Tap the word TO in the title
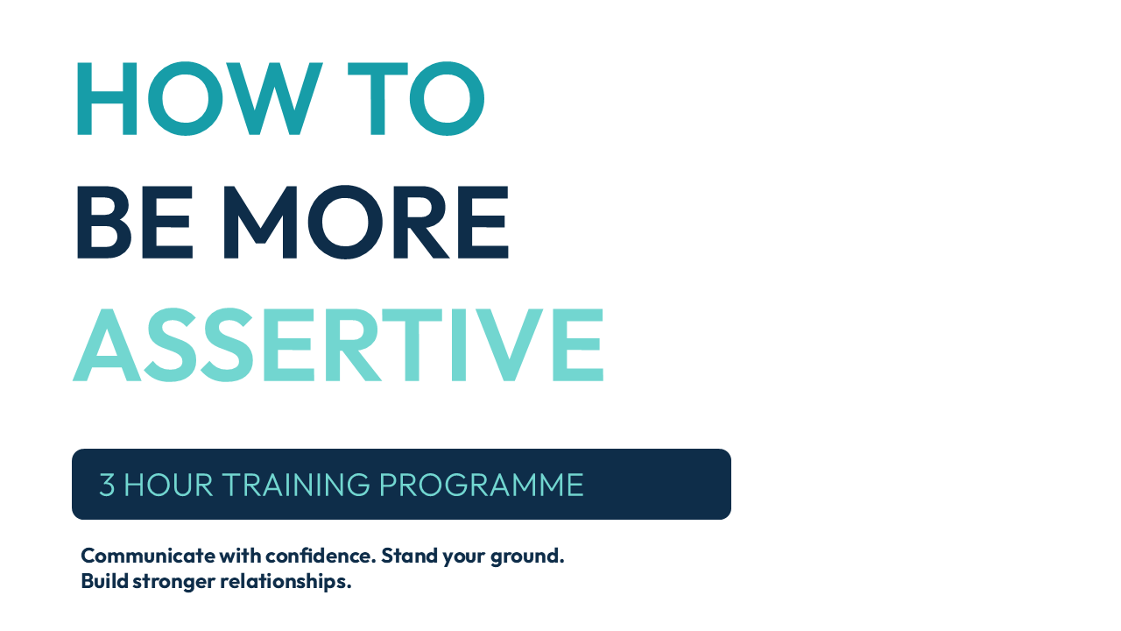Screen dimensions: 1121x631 click(416, 99)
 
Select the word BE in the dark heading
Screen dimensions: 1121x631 click(135, 222)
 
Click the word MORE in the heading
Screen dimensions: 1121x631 click(366, 222)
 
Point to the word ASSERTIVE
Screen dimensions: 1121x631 click(338, 344)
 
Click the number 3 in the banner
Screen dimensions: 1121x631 click(107, 485)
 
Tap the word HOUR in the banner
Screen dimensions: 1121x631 click(168, 485)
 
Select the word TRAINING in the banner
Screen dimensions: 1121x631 click(296, 485)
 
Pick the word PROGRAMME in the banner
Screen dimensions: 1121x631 click(482, 485)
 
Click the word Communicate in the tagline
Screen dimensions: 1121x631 click(148, 556)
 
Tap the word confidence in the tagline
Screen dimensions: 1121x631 click(321, 556)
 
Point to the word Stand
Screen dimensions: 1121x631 click(409, 556)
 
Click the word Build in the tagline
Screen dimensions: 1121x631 click(104, 581)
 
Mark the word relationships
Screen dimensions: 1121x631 click(286, 582)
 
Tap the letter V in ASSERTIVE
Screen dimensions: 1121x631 click(510, 344)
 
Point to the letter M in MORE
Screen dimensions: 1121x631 click(260, 222)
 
